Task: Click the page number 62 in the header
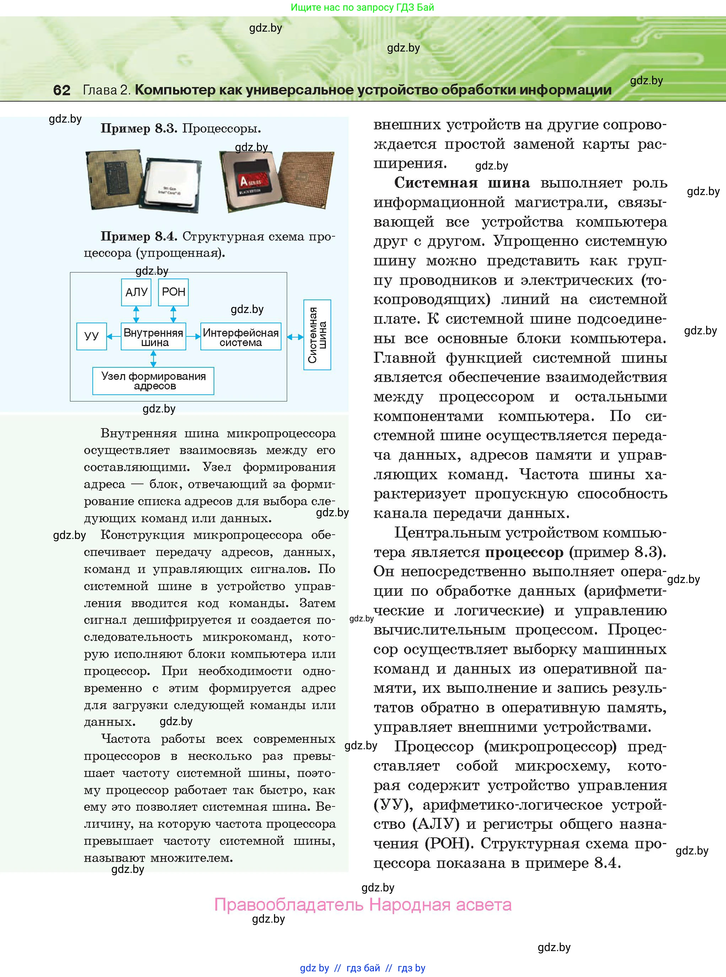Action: click(61, 90)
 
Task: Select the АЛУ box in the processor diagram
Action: click(136, 292)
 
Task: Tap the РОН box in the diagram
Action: click(173, 292)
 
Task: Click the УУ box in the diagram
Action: click(91, 336)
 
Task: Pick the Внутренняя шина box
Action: click(154, 337)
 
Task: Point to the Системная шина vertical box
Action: click(317, 335)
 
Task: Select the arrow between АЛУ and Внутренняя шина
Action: click(136, 314)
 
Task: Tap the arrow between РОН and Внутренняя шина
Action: click(173, 314)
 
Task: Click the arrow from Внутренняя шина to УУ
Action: click(114, 336)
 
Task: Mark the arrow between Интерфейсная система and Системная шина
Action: click(295, 337)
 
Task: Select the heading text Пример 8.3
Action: click(139, 129)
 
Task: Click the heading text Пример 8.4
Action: click(139, 237)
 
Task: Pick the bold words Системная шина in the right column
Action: click(462, 183)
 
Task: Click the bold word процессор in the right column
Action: click(524, 552)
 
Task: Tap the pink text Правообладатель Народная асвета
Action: click(362, 905)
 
